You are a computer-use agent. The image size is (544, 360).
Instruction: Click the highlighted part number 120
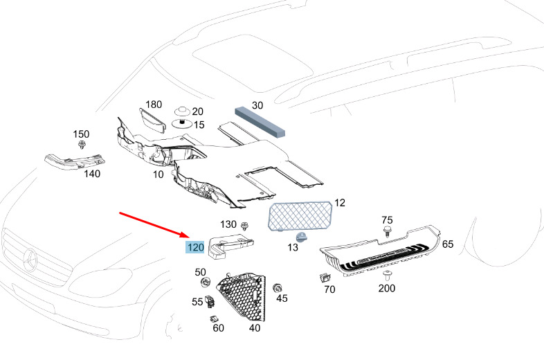(x=194, y=246)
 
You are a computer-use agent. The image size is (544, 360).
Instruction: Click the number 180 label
(x=154, y=105)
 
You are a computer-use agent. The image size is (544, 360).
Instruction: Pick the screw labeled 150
(x=82, y=145)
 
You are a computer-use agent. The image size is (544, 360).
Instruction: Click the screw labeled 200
(x=386, y=275)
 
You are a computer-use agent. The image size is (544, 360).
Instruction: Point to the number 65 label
(x=448, y=244)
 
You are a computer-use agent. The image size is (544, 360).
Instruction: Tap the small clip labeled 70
(x=324, y=278)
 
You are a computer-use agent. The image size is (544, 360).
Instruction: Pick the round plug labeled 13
(x=302, y=237)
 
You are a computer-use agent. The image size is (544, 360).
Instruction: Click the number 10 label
(x=158, y=174)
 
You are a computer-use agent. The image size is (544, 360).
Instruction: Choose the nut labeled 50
(x=205, y=282)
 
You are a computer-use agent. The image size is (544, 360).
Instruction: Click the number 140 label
(x=92, y=174)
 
